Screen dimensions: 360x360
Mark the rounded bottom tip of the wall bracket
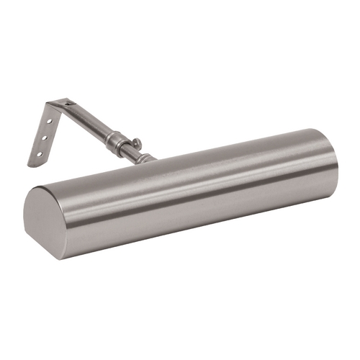pyautogui.click(x=32, y=163)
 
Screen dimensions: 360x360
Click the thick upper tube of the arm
pyautogui.click(x=90, y=122)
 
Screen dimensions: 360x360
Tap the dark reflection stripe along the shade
pyautogui.click(x=187, y=194)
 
